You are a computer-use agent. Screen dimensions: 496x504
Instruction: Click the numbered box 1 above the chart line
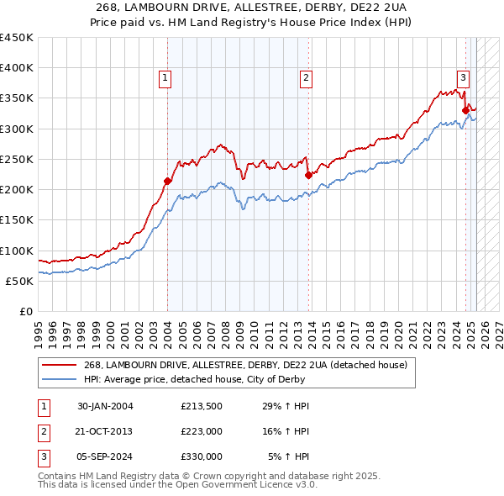click(165, 78)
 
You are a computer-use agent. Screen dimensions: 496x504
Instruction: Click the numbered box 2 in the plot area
click(307, 78)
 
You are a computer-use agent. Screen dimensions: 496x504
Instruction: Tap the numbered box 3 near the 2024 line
click(463, 78)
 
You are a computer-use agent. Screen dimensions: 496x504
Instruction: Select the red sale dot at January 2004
click(167, 181)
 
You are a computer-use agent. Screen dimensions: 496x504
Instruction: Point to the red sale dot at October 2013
click(308, 175)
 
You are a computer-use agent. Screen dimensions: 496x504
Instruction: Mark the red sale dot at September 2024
click(465, 109)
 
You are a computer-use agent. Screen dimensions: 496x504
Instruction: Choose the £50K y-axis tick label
click(19, 281)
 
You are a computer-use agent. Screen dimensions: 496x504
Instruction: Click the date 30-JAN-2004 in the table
click(105, 407)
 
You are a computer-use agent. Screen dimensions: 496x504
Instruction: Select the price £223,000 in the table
click(202, 431)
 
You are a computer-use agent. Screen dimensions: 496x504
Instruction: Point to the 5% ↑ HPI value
click(289, 456)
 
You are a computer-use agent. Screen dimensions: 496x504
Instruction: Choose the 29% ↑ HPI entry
click(286, 407)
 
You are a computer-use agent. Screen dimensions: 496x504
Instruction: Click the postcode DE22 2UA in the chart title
click(381, 7)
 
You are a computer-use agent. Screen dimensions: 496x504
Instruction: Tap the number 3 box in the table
click(42, 456)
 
